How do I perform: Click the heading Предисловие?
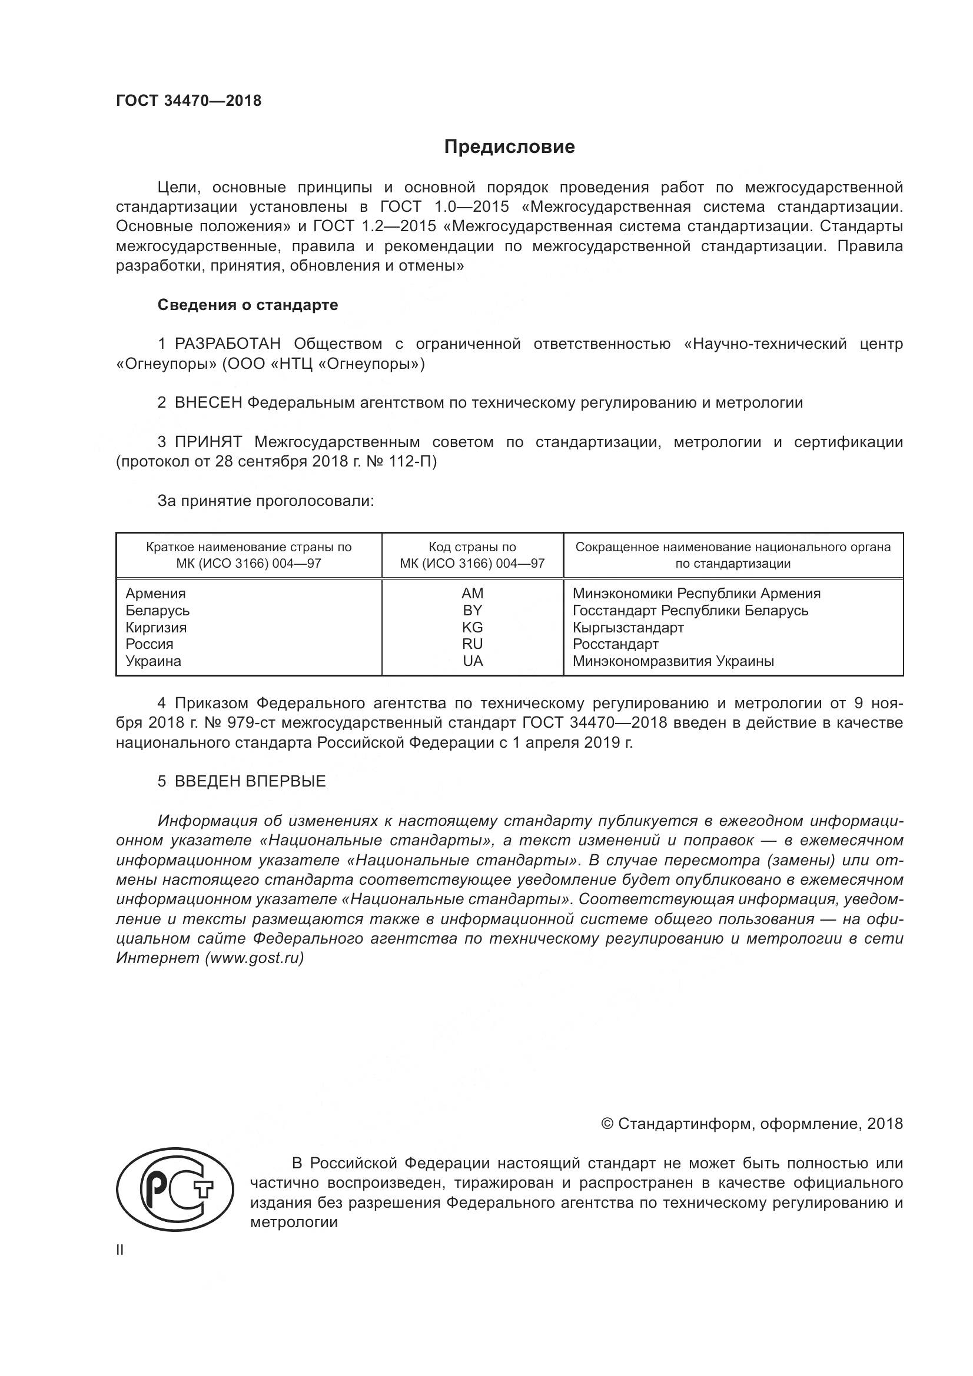click(509, 147)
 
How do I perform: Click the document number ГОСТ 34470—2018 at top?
click(189, 101)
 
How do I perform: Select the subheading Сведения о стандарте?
click(248, 305)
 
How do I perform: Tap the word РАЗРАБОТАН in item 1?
click(227, 344)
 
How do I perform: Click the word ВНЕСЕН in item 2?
click(208, 403)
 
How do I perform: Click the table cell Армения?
click(156, 594)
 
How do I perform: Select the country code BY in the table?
click(473, 610)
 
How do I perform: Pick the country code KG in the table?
click(473, 628)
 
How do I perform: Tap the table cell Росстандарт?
click(615, 644)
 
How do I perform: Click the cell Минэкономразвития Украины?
click(673, 661)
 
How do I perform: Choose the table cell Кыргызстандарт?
click(627, 628)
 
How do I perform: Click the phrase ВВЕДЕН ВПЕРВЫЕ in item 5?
click(250, 781)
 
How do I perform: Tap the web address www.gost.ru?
click(254, 958)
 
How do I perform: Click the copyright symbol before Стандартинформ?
click(607, 1124)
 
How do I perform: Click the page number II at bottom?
click(120, 1250)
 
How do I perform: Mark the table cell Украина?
click(154, 661)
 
